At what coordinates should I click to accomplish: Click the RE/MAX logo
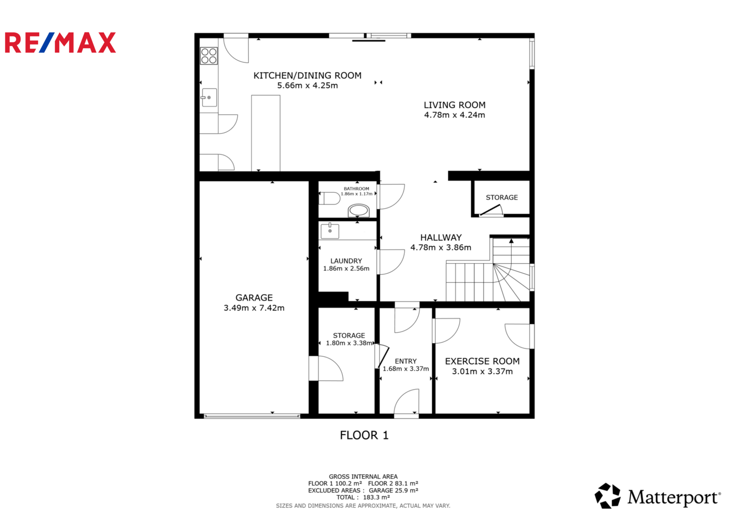tap(60, 43)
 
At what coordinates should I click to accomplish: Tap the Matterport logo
tap(657, 496)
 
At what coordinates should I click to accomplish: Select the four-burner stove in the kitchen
tap(209, 56)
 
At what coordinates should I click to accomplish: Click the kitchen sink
tap(209, 97)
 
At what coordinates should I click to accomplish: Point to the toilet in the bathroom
tap(329, 198)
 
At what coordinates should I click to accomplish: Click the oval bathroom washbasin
tap(359, 210)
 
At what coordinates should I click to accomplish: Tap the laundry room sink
tap(330, 231)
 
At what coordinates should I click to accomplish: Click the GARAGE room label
tap(254, 297)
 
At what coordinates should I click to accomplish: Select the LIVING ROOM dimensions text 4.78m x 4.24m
tap(454, 115)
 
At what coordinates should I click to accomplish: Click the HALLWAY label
tap(441, 237)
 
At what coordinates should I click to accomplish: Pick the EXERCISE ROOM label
tap(482, 361)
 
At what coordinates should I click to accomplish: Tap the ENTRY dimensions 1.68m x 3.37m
tap(405, 369)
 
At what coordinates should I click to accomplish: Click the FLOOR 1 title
tap(364, 435)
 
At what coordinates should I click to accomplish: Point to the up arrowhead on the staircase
tap(511, 241)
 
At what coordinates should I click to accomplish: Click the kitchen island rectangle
tap(265, 133)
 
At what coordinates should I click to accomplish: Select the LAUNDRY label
tap(346, 261)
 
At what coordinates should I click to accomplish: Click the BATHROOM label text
tap(356, 189)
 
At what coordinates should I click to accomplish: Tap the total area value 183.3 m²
tap(376, 497)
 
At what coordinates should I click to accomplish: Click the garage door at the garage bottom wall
tap(252, 416)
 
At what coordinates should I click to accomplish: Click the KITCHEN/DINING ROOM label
tap(307, 75)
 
